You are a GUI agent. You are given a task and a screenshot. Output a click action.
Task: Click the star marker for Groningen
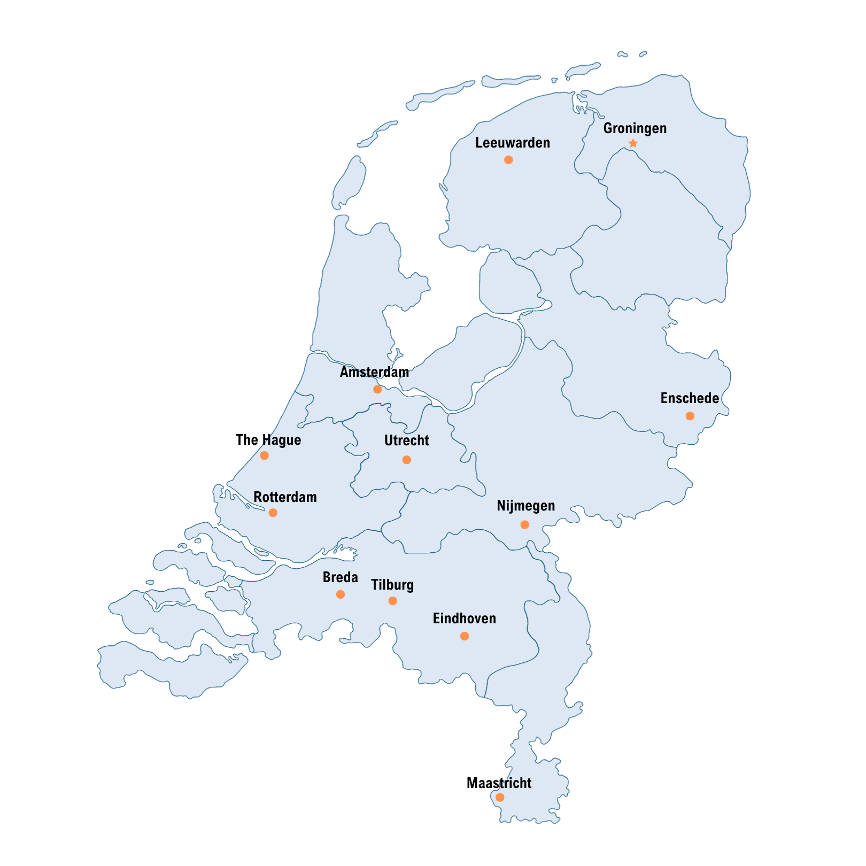pyautogui.click(x=633, y=143)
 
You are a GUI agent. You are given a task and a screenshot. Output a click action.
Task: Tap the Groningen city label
pyautogui.click(x=635, y=129)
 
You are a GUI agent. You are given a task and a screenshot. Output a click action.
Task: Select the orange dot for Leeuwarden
pyautogui.click(x=508, y=160)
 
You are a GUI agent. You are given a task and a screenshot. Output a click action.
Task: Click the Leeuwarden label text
pyautogui.click(x=513, y=143)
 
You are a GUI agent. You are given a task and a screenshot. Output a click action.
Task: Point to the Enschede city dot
pyautogui.click(x=690, y=416)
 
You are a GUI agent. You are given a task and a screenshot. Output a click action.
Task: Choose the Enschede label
pyautogui.click(x=690, y=399)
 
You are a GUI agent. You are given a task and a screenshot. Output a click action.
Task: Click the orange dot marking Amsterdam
pyautogui.click(x=377, y=389)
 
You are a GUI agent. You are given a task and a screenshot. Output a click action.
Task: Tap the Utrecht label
pyautogui.click(x=406, y=441)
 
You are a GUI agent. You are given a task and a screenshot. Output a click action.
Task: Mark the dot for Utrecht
pyautogui.click(x=407, y=460)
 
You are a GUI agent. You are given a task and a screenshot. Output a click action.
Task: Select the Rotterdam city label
pyautogui.click(x=285, y=498)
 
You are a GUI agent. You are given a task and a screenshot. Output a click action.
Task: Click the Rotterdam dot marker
pyautogui.click(x=273, y=513)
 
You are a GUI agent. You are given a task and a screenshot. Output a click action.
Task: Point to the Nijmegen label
pyautogui.click(x=526, y=506)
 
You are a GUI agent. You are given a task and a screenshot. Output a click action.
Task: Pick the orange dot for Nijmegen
pyautogui.click(x=525, y=525)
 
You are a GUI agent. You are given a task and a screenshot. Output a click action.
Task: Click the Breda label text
pyautogui.click(x=341, y=578)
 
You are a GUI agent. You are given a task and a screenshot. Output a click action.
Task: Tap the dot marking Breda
pyautogui.click(x=341, y=594)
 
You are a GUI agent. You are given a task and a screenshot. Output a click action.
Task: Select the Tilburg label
pyautogui.click(x=392, y=585)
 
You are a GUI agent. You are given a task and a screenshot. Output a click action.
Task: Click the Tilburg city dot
pyautogui.click(x=393, y=601)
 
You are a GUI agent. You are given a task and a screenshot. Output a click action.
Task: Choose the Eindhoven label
pyautogui.click(x=465, y=619)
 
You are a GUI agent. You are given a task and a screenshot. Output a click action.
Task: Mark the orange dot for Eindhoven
pyautogui.click(x=465, y=636)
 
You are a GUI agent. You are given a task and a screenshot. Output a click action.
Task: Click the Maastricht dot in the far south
pyautogui.click(x=500, y=798)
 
